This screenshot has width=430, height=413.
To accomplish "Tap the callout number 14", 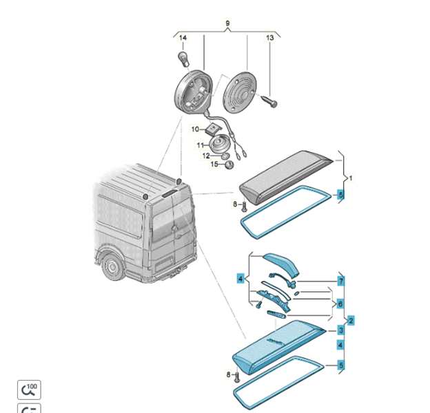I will click(x=183, y=37).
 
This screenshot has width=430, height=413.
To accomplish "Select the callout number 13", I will click(x=270, y=37).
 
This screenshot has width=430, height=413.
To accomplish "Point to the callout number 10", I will click(x=195, y=129).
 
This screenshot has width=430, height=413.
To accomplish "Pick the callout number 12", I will click(x=195, y=155).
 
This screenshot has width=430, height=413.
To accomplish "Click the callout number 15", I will click(x=214, y=164).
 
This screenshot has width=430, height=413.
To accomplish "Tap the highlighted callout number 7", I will click(x=340, y=282).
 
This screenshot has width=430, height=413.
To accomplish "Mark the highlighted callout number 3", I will click(x=340, y=330).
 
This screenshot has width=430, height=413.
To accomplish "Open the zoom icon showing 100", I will click(x=30, y=390).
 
